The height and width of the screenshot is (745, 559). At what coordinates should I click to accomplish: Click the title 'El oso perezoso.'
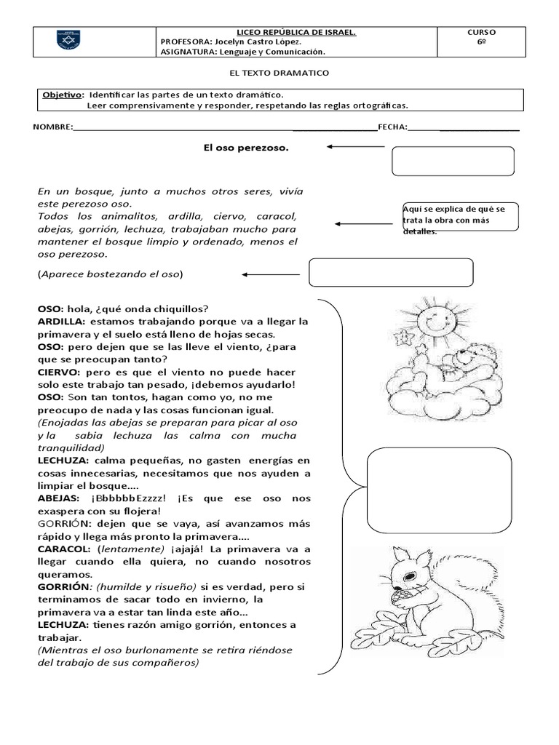245,148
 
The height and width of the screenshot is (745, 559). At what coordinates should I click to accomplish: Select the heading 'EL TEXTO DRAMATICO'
279,73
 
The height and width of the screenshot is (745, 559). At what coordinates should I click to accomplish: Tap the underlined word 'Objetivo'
62,95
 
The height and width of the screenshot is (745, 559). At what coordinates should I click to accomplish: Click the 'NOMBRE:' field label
53,127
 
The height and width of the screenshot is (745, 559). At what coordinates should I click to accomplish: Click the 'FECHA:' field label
392,127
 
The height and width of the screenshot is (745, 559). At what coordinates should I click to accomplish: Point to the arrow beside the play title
355,147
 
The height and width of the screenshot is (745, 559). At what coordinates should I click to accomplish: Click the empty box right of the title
452,161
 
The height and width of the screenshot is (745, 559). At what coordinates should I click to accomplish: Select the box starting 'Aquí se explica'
459,218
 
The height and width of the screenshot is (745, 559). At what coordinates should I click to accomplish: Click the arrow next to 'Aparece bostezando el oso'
270,274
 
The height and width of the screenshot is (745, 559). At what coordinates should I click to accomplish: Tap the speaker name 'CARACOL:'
64,549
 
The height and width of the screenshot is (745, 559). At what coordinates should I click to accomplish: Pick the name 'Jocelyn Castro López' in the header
249,42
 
